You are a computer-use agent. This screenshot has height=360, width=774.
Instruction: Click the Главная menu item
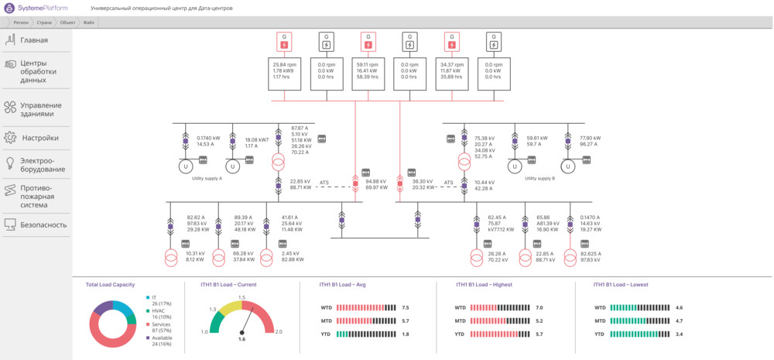click(34, 40)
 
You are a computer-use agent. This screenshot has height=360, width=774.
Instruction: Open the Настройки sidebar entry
click(39, 138)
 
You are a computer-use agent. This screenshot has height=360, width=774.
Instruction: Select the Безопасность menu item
click(43, 225)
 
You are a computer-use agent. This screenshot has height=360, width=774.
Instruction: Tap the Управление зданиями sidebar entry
click(41, 109)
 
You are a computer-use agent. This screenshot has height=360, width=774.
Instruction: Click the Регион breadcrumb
click(21, 22)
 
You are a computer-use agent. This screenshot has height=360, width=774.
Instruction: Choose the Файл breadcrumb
click(89, 22)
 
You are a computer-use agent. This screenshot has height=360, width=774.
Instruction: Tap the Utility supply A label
click(207, 178)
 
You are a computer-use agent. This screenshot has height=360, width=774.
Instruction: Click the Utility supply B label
click(540, 178)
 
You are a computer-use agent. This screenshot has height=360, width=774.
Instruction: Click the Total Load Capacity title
click(110, 285)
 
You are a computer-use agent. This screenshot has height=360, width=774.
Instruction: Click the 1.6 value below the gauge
click(241, 339)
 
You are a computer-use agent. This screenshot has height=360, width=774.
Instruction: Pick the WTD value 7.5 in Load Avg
click(406, 308)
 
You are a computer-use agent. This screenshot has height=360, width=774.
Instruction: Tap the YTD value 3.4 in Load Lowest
click(679, 334)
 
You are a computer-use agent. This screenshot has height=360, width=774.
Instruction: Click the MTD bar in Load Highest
click(498, 321)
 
